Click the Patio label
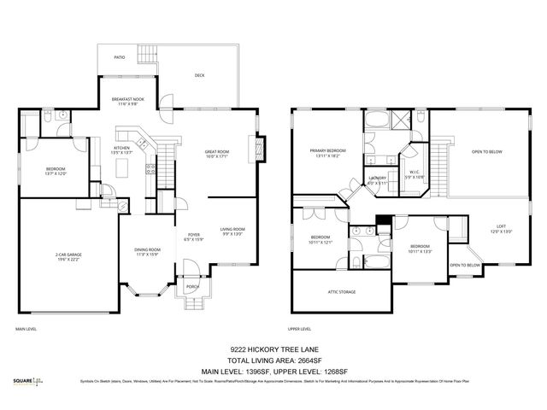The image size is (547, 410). coord(120,57)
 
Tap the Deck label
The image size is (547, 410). coord(199,75)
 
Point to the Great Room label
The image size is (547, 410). coord(216,155)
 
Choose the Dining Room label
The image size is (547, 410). coord(147,252)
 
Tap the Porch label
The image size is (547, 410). coord(193,287)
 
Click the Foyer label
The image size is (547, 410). coord(194,237)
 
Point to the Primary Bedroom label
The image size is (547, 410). coord(327,155)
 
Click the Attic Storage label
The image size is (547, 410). coord(342,291)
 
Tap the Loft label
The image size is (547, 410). coord(502,229)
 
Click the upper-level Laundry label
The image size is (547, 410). coord(377,179)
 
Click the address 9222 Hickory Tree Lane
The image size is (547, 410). coord(273,348)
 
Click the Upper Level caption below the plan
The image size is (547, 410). coord(301,329)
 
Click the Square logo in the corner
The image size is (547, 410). coord(27,381)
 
